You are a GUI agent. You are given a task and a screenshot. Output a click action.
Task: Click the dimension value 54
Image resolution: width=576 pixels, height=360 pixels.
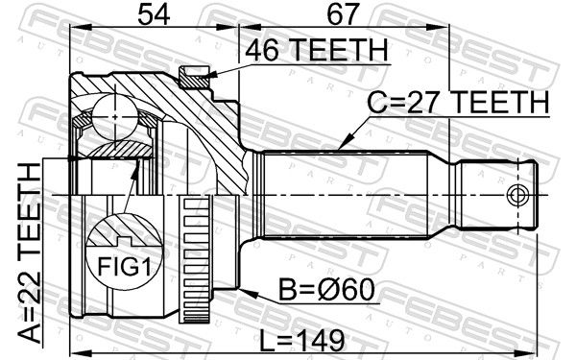(x=154, y=15)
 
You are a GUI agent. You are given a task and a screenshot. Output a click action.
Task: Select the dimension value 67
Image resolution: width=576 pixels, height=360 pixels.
(x=342, y=15)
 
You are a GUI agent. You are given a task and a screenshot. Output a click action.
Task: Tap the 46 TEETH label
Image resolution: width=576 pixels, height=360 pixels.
(x=317, y=50)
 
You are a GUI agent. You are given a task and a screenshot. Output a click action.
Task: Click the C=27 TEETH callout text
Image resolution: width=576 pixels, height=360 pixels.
(x=459, y=103)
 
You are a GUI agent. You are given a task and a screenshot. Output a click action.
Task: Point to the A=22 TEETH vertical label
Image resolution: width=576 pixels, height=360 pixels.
(x=30, y=253)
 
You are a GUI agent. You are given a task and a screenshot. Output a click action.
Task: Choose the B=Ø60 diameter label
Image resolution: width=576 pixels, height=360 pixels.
(x=327, y=290)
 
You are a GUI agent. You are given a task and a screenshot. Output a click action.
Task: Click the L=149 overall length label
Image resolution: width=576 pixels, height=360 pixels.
(x=302, y=340)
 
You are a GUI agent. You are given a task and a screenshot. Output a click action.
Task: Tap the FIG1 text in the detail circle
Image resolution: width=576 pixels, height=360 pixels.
(x=124, y=267)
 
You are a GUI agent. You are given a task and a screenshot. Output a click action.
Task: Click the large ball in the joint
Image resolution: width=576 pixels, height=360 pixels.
(x=115, y=117)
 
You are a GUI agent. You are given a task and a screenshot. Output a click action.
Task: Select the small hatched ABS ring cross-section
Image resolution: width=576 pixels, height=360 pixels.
(x=194, y=77)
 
